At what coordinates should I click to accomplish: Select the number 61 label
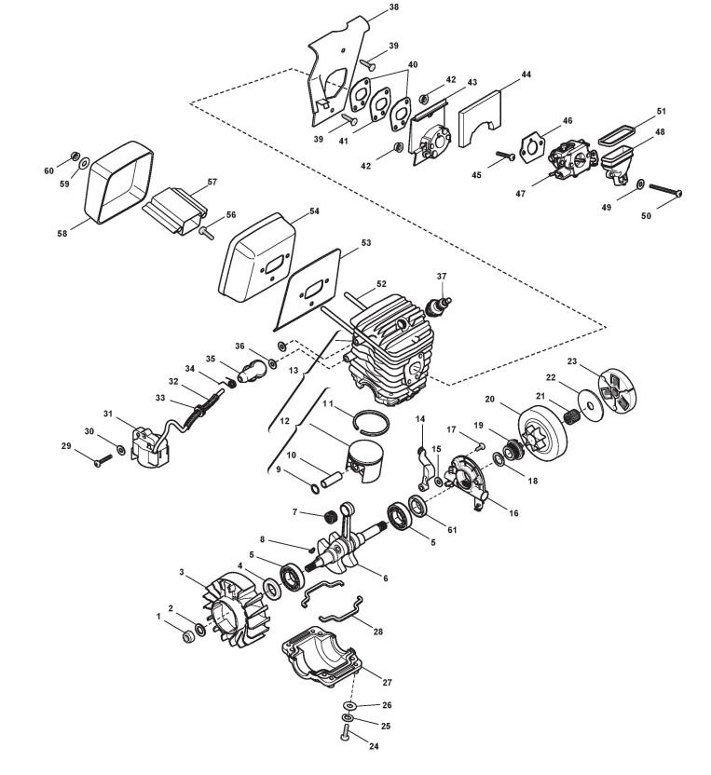[x=452, y=530]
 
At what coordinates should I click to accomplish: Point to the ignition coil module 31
[x=148, y=452]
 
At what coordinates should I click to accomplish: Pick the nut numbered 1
[x=184, y=636]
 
